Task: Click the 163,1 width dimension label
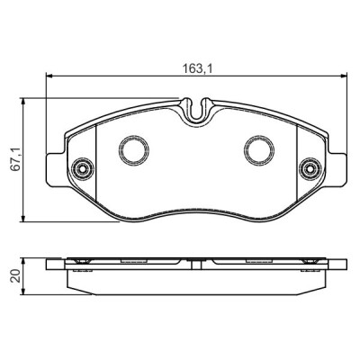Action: (x=198, y=69)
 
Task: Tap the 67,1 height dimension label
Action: (x=15, y=159)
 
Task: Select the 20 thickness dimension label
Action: (x=15, y=275)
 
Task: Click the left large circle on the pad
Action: (x=134, y=150)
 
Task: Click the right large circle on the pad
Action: (x=259, y=150)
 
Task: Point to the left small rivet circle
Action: (x=82, y=169)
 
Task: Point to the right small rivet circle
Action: (x=309, y=169)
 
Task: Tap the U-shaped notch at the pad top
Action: (x=196, y=110)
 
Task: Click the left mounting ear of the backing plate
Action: (x=56, y=169)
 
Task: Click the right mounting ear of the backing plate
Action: (x=337, y=168)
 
